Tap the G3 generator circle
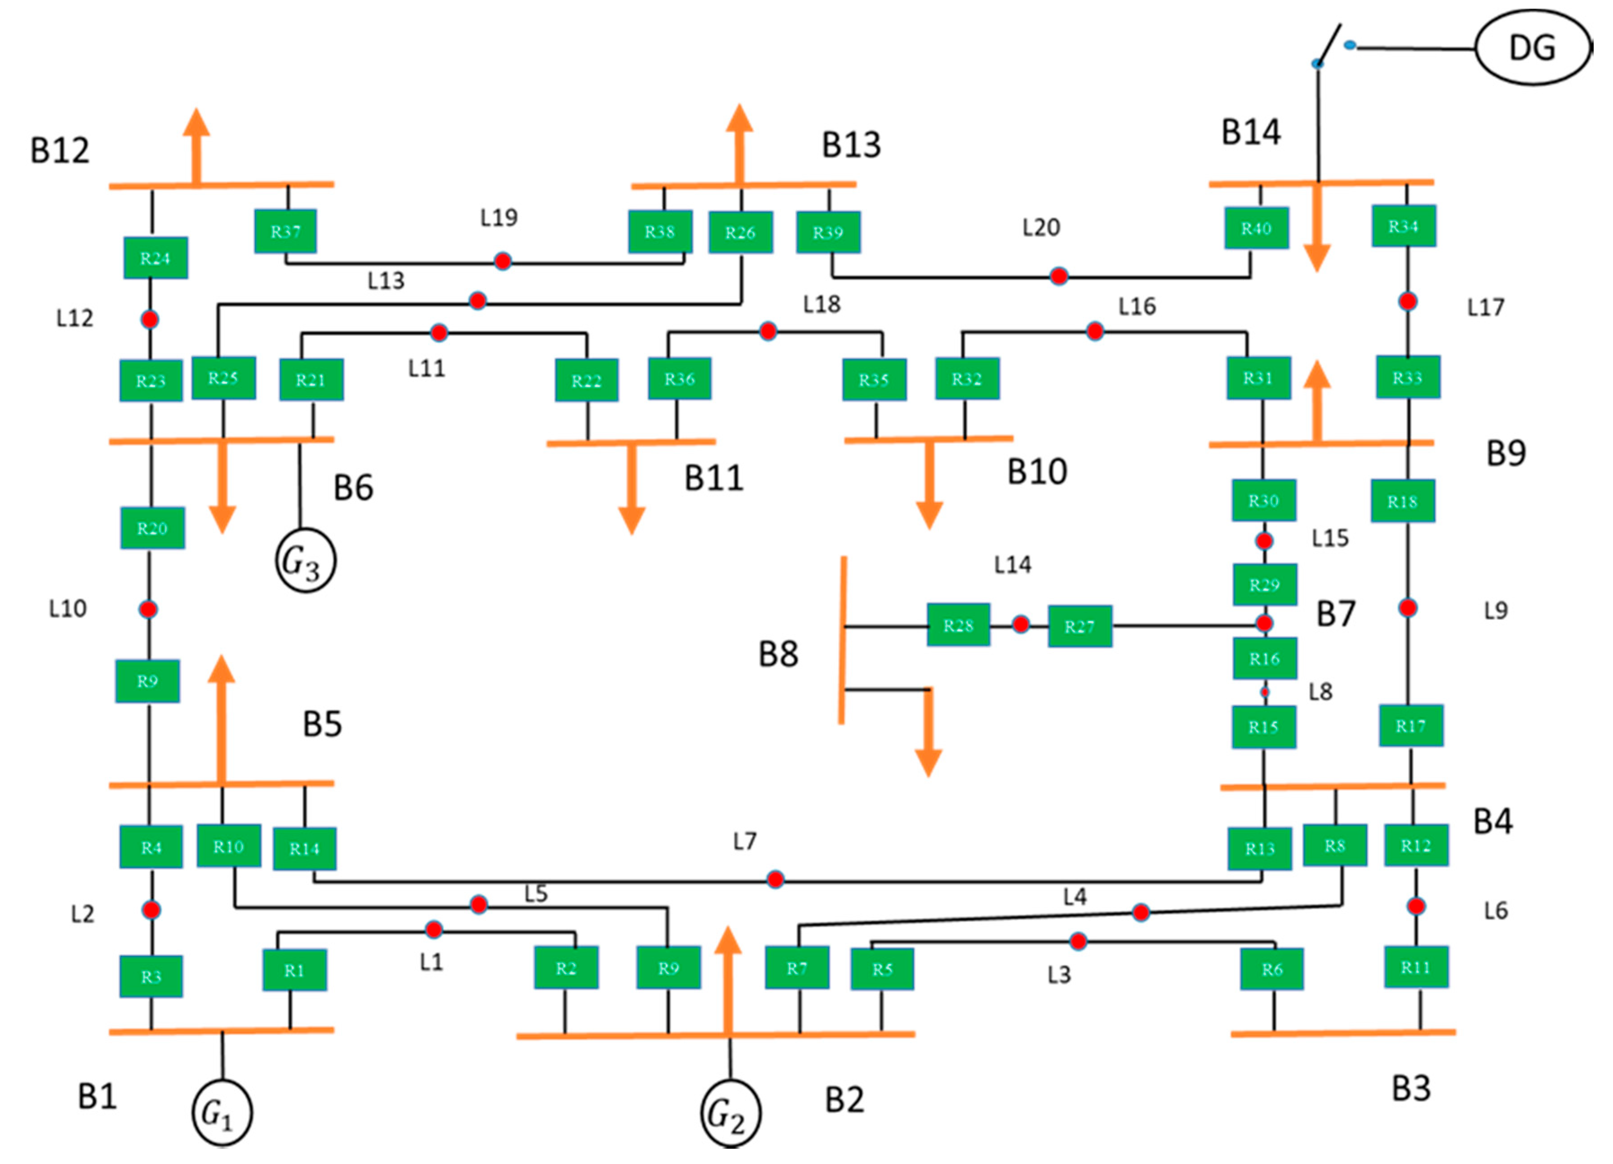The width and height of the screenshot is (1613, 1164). (306, 561)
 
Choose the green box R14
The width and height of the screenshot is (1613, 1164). (304, 848)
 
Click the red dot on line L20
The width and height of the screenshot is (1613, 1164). (1059, 276)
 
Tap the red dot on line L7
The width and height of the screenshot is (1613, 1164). (775, 880)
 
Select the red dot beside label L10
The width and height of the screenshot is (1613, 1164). (148, 609)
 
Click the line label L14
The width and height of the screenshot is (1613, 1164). (1013, 565)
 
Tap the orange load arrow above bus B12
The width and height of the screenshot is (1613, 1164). (197, 146)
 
